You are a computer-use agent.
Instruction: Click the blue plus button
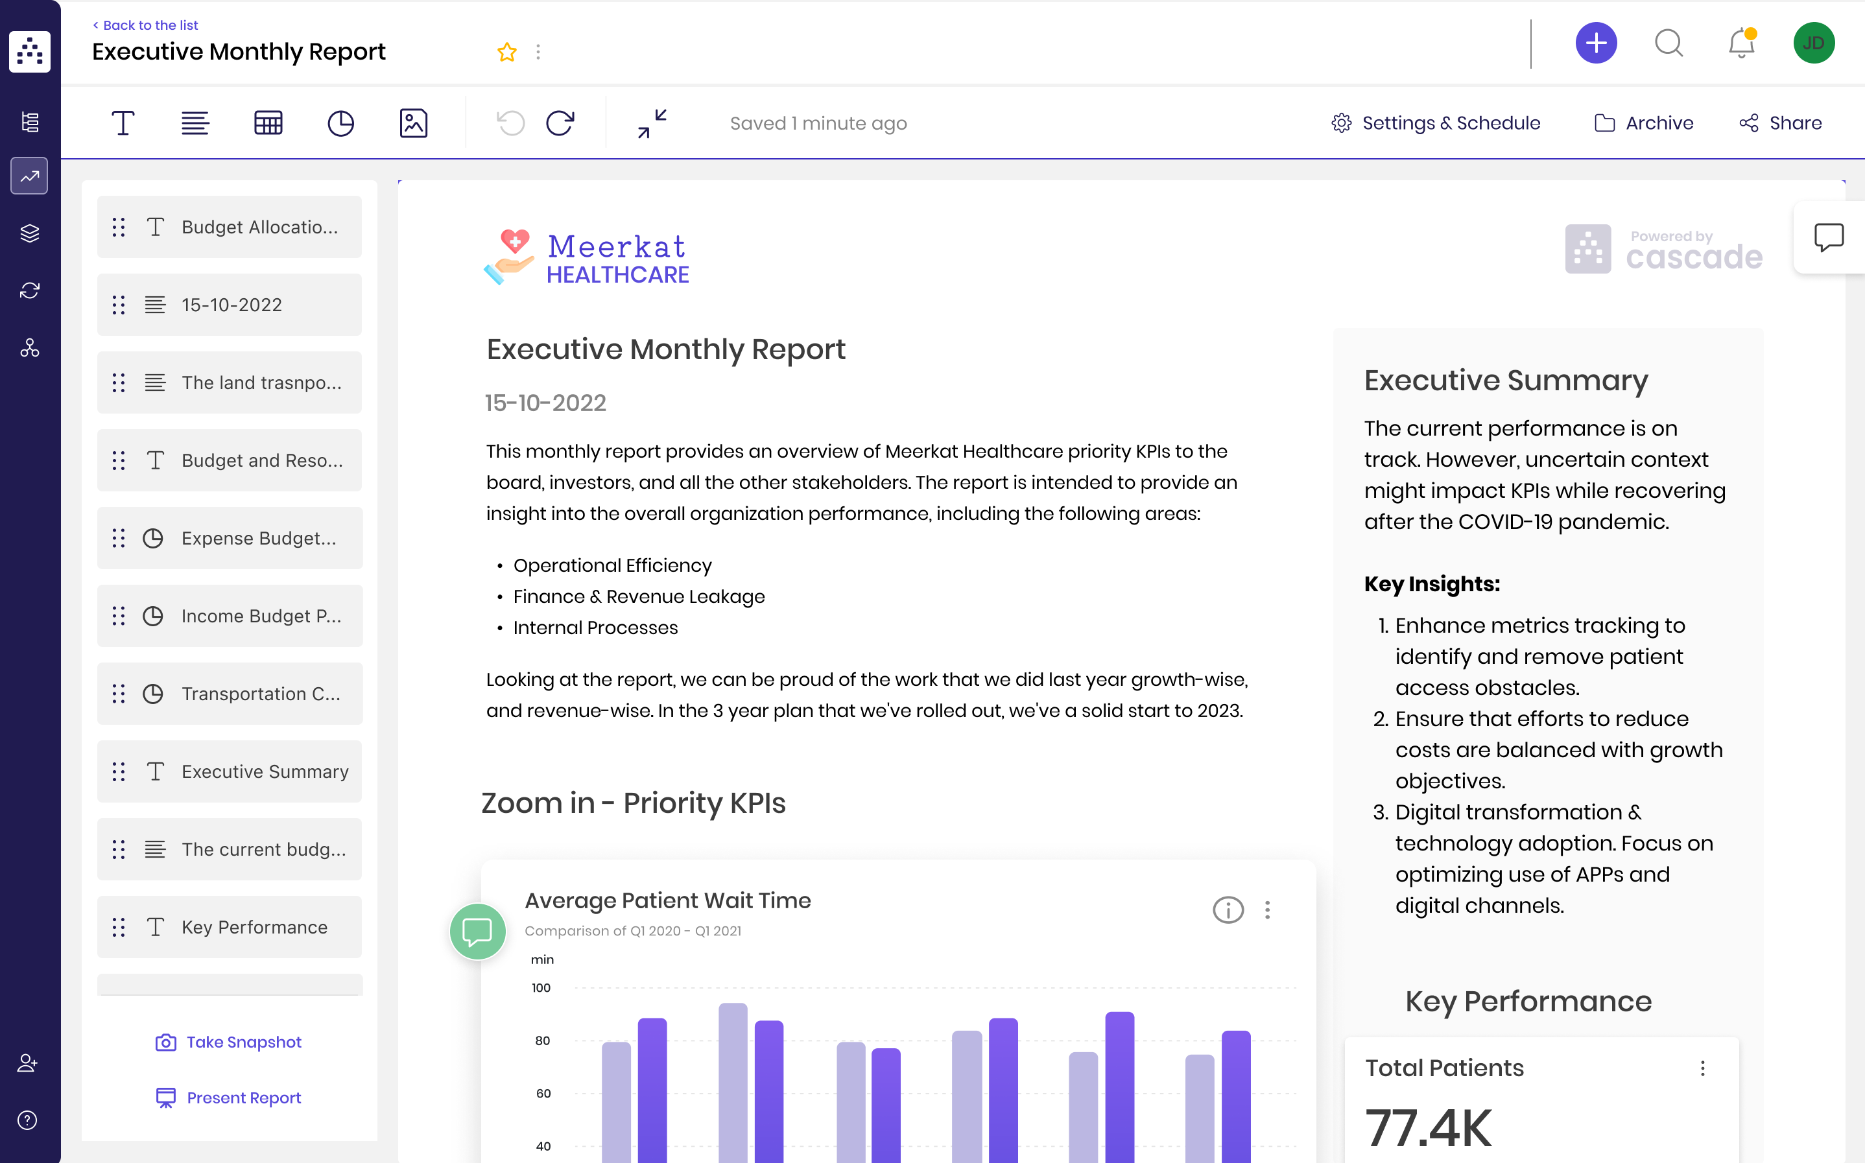pyautogui.click(x=1595, y=43)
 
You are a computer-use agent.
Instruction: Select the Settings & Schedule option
pyautogui.click(x=1436, y=123)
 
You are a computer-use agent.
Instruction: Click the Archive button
pyautogui.click(x=1644, y=123)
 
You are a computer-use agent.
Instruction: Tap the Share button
pyautogui.click(x=1780, y=123)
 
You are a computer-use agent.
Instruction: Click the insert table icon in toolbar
pyautogui.click(x=268, y=123)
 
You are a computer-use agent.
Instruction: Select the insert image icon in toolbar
pyautogui.click(x=413, y=123)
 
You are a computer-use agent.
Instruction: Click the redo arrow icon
pyautogui.click(x=560, y=123)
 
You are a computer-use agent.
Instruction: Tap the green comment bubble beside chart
pyautogui.click(x=477, y=932)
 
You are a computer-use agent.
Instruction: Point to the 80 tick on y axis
pyautogui.click(x=542, y=1040)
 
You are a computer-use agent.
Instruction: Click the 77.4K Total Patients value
pyautogui.click(x=1428, y=1127)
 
